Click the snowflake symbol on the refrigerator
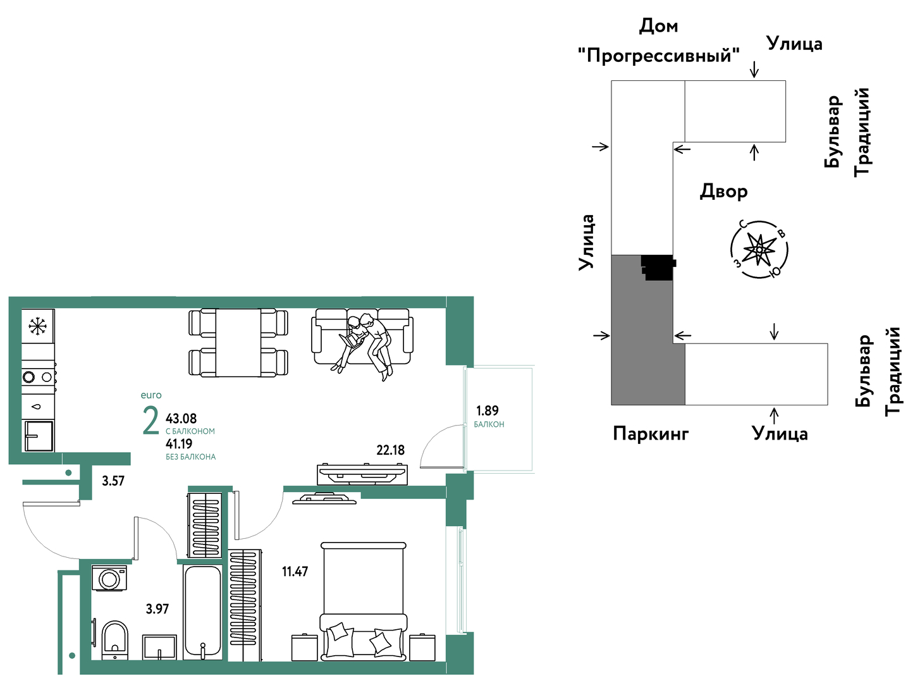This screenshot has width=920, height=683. (x=38, y=326)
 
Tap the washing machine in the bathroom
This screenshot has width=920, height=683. (x=109, y=577)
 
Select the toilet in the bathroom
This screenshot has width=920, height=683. (x=115, y=640)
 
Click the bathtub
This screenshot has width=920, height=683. (x=202, y=612)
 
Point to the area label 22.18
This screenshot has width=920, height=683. (x=390, y=450)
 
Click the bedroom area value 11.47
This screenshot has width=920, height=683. (x=295, y=571)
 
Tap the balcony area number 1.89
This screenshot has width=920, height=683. (x=487, y=411)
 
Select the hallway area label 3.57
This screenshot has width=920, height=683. (x=113, y=481)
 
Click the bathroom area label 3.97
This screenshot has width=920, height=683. (x=157, y=609)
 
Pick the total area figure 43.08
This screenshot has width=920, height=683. (x=181, y=418)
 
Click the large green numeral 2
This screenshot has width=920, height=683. (x=150, y=421)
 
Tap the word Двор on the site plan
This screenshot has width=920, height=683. (x=723, y=192)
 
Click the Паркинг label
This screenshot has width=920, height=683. (x=651, y=434)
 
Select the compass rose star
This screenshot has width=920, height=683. (x=759, y=249)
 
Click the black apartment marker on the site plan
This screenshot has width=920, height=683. (x=658, y=268)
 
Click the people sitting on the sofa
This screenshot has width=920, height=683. (x=365, y=347)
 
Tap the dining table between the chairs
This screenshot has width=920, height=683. (x=238, y=342)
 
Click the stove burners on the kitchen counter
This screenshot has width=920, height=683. (x=38, y=377)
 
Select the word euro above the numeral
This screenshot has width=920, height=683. (x=151, y=395)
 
